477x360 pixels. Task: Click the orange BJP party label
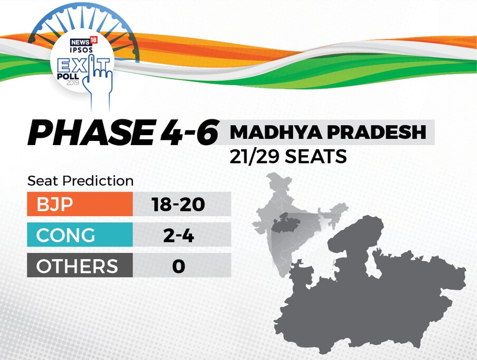pos(80,204)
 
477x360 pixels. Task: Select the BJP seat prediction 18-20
pos(178,204)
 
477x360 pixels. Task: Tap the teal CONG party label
pos(80,234)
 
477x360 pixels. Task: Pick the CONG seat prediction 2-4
pos(178,235)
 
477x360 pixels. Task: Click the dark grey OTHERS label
pos(80,265)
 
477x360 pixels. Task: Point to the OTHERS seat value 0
pos(178,266)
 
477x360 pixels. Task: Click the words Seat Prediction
pos(80,181)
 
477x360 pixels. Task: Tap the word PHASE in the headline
pos(91,133)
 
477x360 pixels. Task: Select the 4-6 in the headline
pos(188,132)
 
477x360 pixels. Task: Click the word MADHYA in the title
pos(275,132)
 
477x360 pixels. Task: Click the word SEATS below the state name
pos(316,156)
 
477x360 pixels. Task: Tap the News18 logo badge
pos(83,41)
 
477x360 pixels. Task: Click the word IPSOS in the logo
pos(81,50)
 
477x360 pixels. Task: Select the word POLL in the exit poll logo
pos(68,76)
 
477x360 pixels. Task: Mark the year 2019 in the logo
pos(73,82)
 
